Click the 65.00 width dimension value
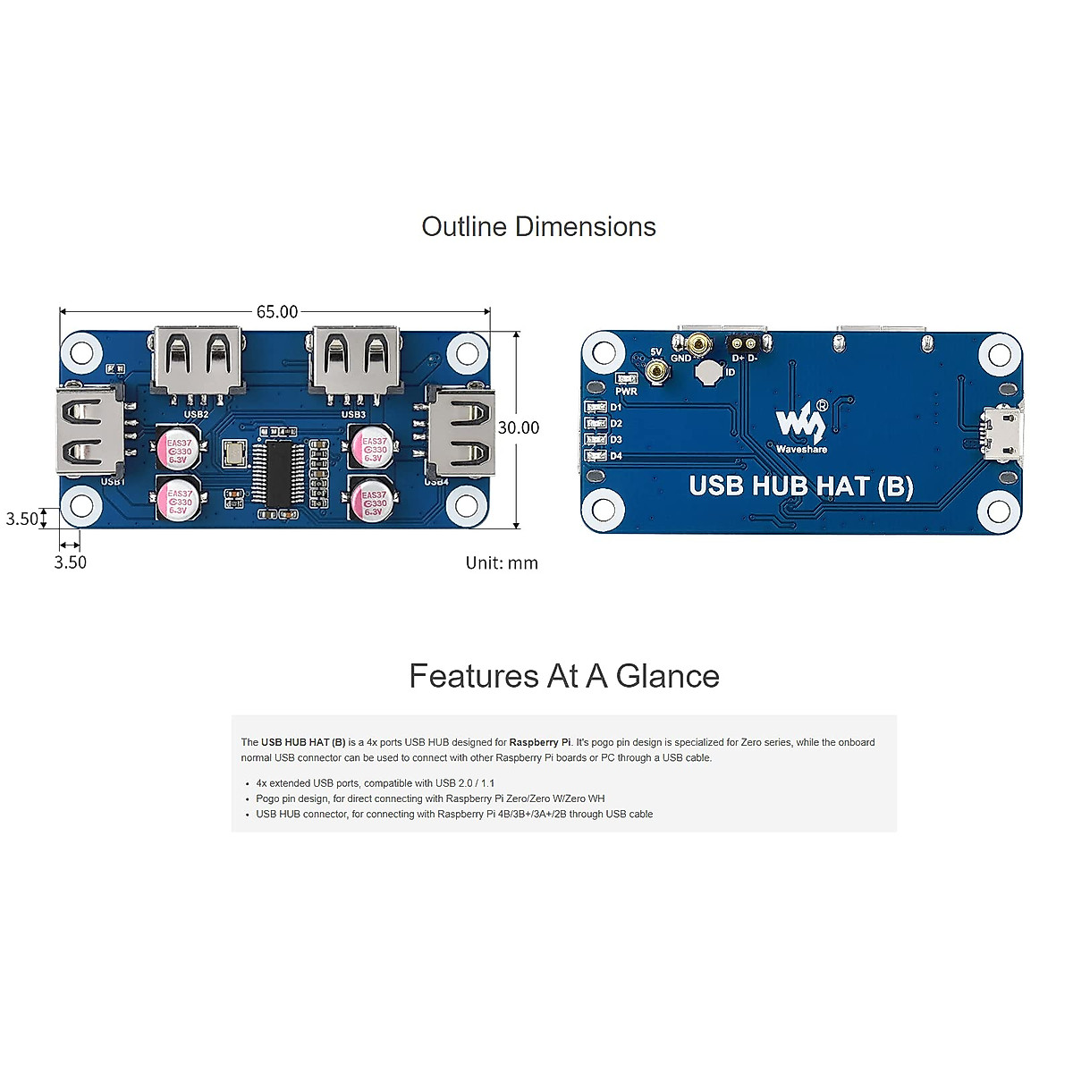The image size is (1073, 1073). click(277, 312)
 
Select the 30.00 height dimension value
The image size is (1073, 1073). click(519, 428)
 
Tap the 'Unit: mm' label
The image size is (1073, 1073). click(502, 563)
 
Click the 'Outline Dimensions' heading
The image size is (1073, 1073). click(538, 227)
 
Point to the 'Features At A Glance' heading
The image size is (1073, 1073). click(564, 676)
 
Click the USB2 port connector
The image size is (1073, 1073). click(197, 359)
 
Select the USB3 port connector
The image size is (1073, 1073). click(354, 359)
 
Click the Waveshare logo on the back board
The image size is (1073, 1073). click(801, 427)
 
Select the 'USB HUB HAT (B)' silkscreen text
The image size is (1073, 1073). click(801, 486)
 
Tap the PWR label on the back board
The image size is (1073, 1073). click(626, 392)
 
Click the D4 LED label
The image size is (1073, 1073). click(616, 456)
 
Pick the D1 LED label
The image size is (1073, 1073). click(616, 408)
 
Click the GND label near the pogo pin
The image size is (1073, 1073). click(681, 359)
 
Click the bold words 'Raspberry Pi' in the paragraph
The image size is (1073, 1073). click(540, 742)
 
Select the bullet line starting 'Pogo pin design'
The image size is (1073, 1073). click(430, 798)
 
